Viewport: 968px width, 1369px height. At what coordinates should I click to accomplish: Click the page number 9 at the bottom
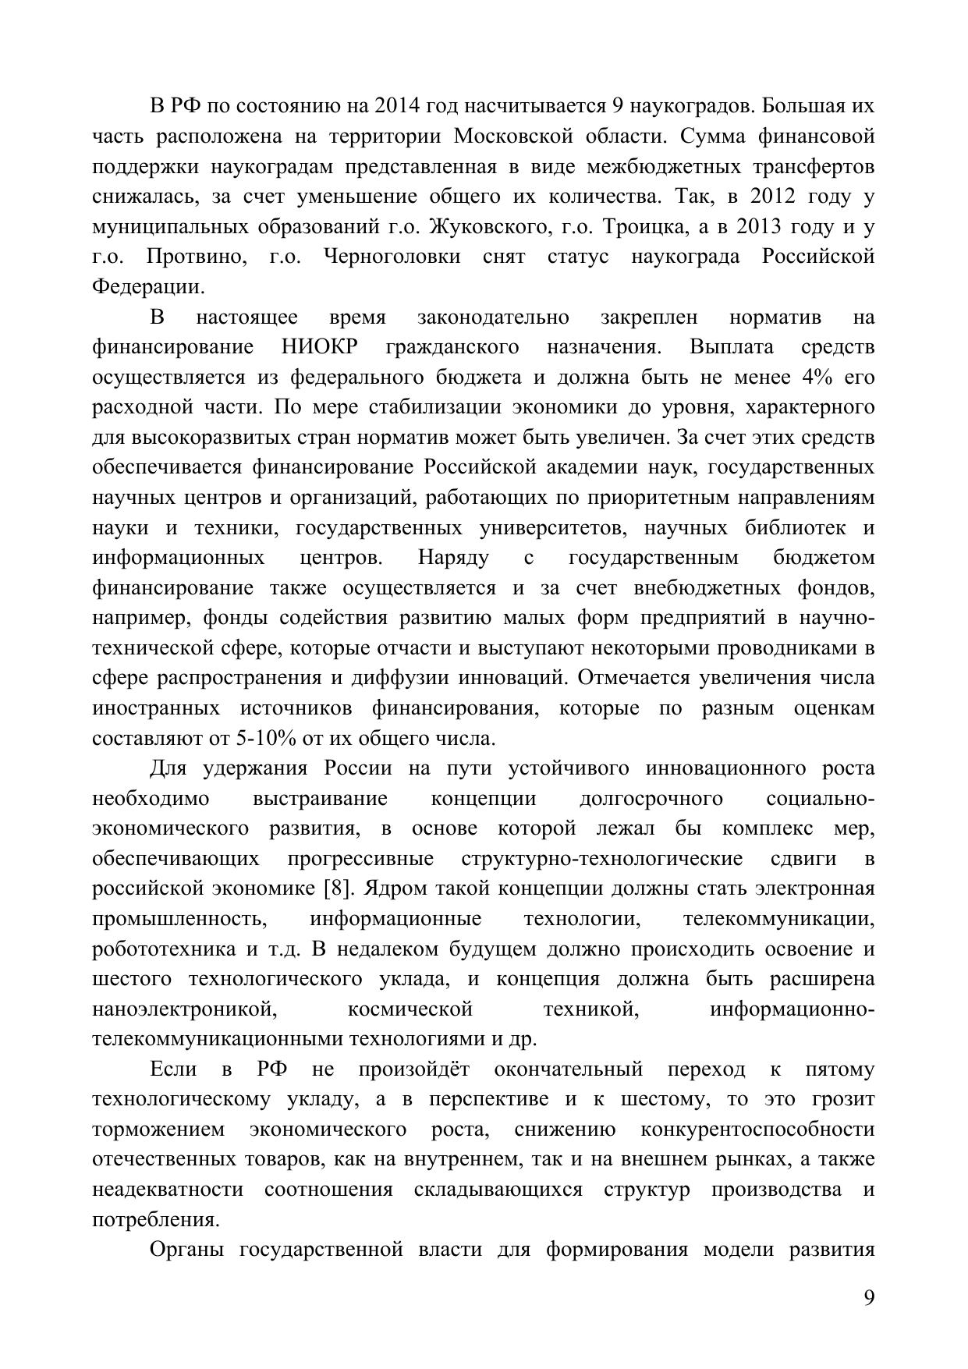coord(869,1297)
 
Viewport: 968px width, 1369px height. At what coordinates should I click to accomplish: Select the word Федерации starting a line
coord(148,287)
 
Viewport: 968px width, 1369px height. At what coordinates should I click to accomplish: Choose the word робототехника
coord(164,949)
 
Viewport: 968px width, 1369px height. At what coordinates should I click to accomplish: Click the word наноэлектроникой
coord(186,1009)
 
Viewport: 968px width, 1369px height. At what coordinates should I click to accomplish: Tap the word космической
coord(410,1009)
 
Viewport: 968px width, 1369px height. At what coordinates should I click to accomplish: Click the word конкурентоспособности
coord(757,1130)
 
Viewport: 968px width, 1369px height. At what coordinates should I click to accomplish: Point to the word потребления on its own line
coord(154,1220)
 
